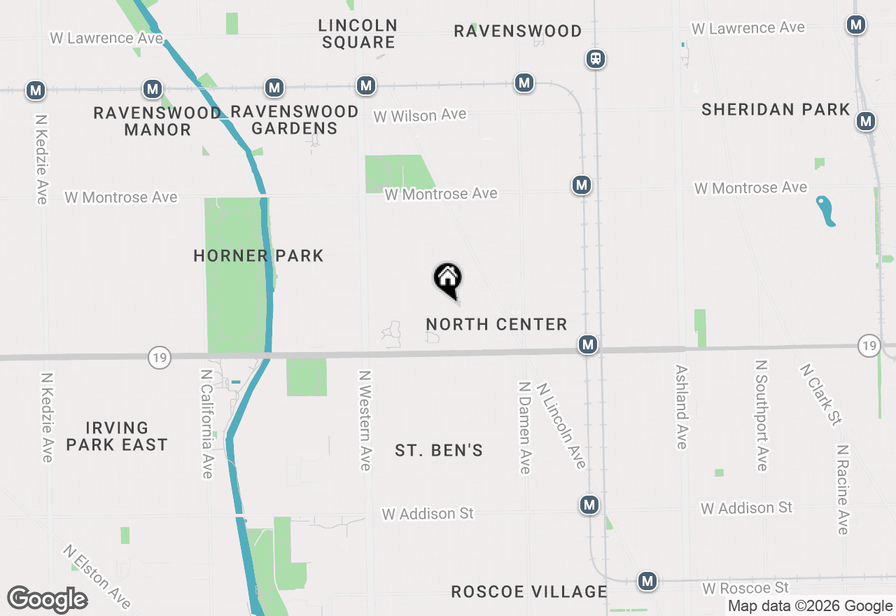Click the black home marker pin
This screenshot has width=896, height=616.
pyautogui.click(x=448, y=279)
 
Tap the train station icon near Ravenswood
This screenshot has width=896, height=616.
pyautogui.click(x=596, y=59)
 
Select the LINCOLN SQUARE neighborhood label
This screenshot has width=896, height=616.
pyautogui.click(x=358, y=34)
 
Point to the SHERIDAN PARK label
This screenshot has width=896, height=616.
pyautogui.click(x=776, y=110)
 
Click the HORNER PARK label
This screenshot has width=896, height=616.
pyautogui.click(x=258, y=256)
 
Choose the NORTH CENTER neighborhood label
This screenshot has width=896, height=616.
pyautogui.click(x=496, y=324)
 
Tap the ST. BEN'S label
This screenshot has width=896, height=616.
pyautogui.click(x=439, y=450)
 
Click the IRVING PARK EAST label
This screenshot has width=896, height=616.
pyautogui.click(x=117, y=436)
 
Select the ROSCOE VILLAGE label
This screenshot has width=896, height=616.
pyautogui.click(x=529, y=591)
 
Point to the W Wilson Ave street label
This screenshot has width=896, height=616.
pyautogui.click(x=419, y=115)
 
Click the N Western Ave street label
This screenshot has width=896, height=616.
pyautogui.click(x=365, y=420)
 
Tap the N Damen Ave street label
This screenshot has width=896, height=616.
pyautogui.click(x=524, y=427)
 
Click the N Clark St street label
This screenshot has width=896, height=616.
pyautogui.click(x=820, y=394)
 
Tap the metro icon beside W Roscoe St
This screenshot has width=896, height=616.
pyautogui.click(x=647, y=581)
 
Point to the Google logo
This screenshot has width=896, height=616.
pyautogui.click(x=47, y=600)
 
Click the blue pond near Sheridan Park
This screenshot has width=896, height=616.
pyautogui.click(x=826, y=211)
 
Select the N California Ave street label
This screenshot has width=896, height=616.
pyautogui.click(x=206, y=424)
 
